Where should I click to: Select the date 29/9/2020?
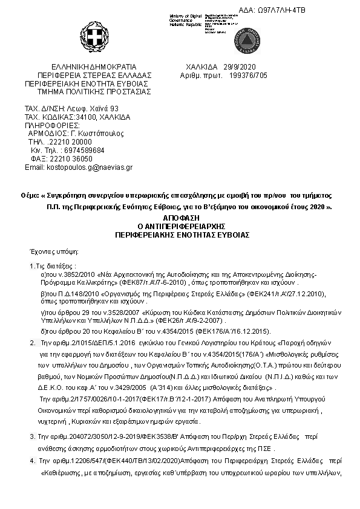(x=240, y=66)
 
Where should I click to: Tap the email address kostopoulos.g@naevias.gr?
(x=91, y=167)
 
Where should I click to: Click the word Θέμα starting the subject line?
(x=30, y=196)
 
